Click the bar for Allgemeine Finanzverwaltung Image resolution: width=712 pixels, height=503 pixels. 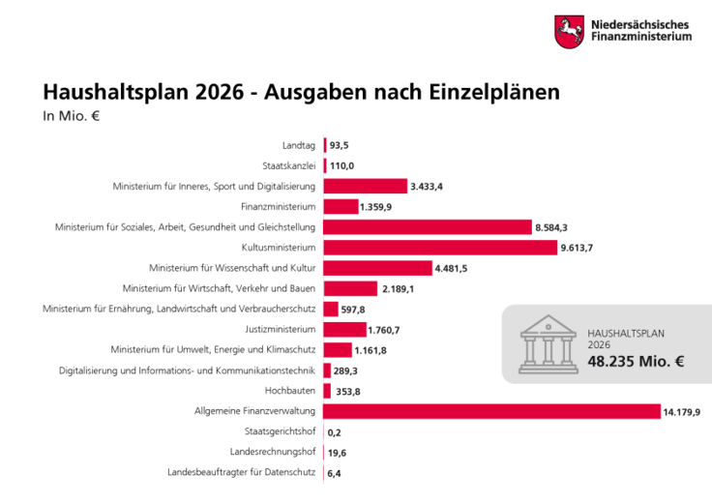point(491,412)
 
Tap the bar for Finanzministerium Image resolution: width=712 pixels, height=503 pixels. point(341,206)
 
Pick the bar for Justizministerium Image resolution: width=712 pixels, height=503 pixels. point(344,330)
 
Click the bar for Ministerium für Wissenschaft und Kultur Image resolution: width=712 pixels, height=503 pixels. point(377,268)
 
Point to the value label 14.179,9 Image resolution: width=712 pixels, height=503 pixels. point(681,412)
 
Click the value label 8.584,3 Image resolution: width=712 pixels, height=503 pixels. point(552,227)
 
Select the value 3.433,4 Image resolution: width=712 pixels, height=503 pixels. point(427,186)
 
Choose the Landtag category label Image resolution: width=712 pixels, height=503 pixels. point(298,145)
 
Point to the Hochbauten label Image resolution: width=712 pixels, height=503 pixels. point(291,391)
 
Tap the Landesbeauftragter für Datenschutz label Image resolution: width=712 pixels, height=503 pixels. point(241,473)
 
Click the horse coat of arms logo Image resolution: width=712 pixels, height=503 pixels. point(568,31)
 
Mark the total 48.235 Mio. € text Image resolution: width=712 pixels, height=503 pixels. point(636,362)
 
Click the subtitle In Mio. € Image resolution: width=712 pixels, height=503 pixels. point(72,117)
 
